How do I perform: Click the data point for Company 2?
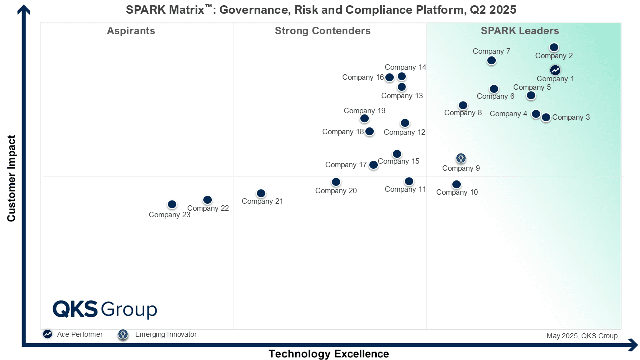(554, 48)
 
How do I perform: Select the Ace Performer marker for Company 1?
(555, 70)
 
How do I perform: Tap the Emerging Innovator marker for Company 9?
(461, 158)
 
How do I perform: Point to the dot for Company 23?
(172, 204)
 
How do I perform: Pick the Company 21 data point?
(261, 193)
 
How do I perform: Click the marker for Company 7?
(491, 60)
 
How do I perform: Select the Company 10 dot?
(456, 184)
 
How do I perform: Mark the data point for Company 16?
(390, 77)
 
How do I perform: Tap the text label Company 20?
(336, 191)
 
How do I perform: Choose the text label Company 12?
(404, 132)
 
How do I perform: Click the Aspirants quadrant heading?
(131, 31)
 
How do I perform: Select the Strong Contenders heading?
(322, 31)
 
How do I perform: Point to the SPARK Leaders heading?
(520, 31)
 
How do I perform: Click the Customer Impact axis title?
(12, 178)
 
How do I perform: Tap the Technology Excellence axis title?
(328, 354)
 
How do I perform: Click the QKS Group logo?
(105, 309)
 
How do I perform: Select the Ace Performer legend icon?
(47, 334)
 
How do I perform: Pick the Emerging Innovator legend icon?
(123, 334)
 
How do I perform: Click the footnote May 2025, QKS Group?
(582, 336)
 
